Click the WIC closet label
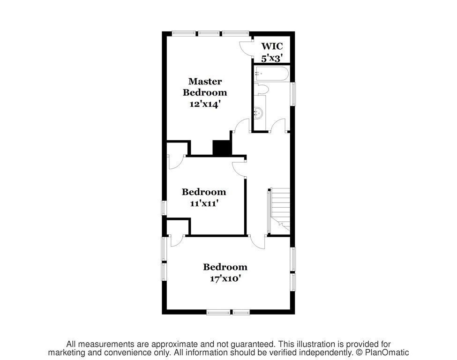(272, 46)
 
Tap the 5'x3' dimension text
(272, 59)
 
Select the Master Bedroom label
(205, 87)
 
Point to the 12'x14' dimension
(204, 104)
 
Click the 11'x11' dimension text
(204, 203)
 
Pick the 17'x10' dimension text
(225, 279)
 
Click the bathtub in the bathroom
(272, 74)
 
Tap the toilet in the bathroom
(261, 89)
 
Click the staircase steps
(281, 209)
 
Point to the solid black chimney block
(222, 148)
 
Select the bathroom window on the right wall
(294, 94)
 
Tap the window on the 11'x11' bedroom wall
(164, 208)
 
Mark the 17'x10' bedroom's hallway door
(257, 242)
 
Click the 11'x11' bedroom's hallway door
(240, 169)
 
